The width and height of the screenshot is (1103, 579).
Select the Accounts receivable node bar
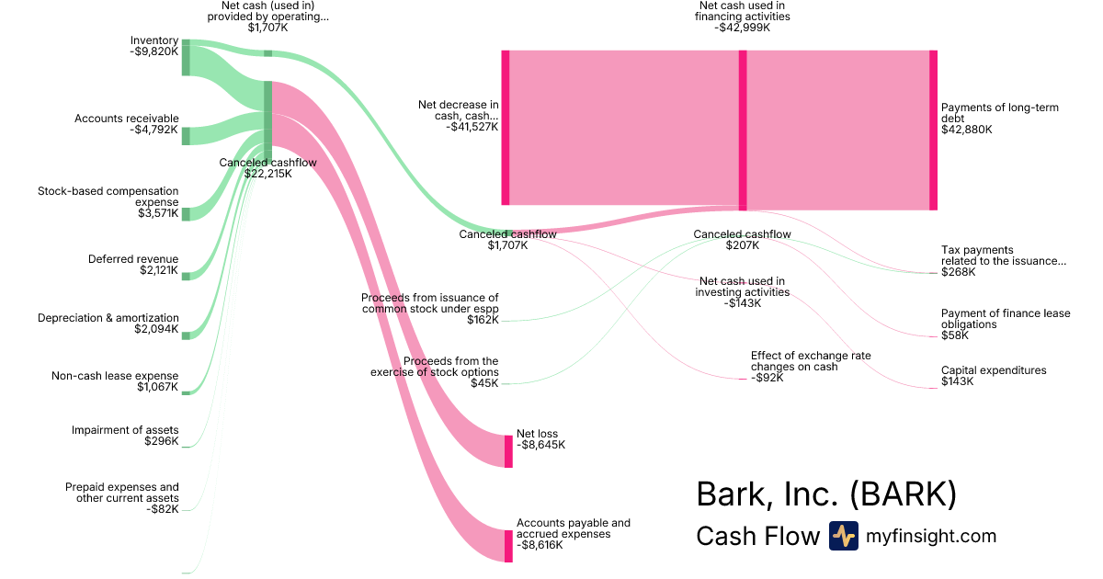tap(186, 136)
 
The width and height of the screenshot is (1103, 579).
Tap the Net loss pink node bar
tap(508, 451)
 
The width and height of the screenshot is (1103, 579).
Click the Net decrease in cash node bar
tap(505, 128)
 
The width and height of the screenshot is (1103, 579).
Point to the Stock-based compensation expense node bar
tap(186, 214)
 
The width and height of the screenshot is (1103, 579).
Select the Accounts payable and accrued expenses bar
tap(508, 546)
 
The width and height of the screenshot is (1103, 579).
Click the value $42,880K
tap(967, 130)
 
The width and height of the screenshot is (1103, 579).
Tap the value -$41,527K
tap(472, 127)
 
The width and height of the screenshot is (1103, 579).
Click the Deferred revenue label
tap(133, 259)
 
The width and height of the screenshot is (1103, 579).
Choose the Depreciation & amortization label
tap(108, 318)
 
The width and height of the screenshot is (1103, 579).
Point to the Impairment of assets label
tap(125, 430)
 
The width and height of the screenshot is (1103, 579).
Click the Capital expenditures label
tap(994, 370)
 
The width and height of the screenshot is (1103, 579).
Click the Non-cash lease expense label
tap(115, 376)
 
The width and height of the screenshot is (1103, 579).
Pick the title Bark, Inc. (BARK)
tap(826, 494)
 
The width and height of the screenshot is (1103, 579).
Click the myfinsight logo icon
tap(843, 536)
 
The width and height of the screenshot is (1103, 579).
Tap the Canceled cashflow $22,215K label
tap(267, 163)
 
